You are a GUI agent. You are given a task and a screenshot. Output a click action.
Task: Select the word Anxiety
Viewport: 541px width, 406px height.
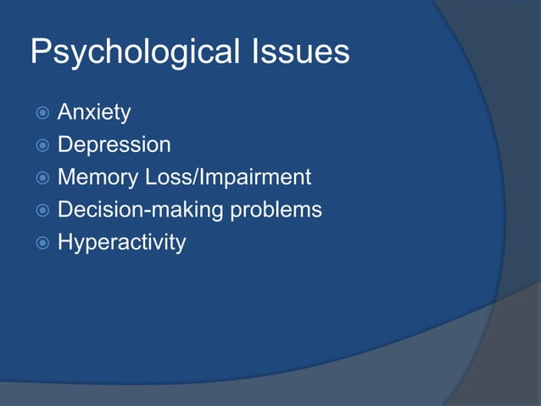[x=94, y=112]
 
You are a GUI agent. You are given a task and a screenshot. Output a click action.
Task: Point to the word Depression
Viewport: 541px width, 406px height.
[x=114, y=145]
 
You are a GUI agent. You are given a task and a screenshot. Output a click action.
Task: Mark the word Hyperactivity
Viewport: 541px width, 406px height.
[x=121, y=243]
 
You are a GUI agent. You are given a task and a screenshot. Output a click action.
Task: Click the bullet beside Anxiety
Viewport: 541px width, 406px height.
[x=39, y=113]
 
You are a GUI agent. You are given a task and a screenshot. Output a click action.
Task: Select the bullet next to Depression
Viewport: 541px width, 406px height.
[x=39, y=145]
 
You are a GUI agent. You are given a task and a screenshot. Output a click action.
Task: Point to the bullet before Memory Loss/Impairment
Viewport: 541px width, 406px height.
[x=39, y=178]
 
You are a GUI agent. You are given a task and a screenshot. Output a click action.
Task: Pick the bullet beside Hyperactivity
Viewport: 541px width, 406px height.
[x=39, y=243]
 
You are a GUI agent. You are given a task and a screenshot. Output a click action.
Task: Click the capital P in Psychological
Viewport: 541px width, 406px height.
[x=41, y=52]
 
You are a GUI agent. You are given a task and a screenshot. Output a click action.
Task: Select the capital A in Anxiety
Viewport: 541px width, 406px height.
[x=64, y=112]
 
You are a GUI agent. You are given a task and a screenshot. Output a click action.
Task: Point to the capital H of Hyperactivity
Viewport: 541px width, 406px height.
[x=65, y=242]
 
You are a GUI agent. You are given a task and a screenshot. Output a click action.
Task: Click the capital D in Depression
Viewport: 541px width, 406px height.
[x=65, y=144]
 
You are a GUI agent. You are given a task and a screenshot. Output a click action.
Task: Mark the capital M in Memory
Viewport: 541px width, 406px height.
[x=67, y=178]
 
